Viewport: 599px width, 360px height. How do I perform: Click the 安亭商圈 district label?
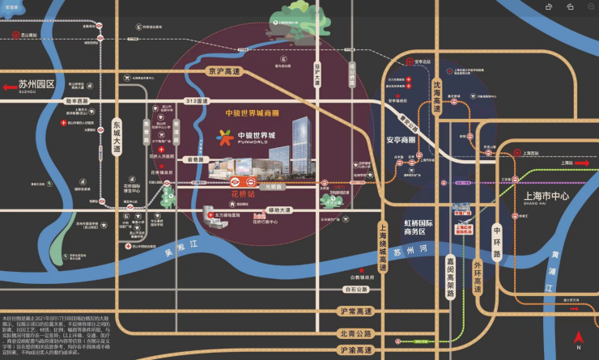click(x=395, y=138)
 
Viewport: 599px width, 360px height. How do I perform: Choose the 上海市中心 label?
click(x=547, y=197)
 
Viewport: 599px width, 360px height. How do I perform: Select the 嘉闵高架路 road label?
click(x=449, y=275)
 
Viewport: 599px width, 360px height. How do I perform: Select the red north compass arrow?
click(x=578, y=337)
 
